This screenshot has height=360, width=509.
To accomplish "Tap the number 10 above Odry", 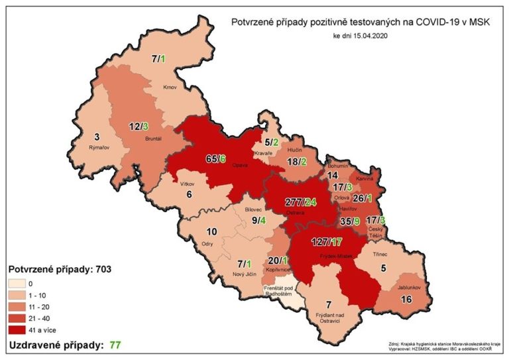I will click(x=211, y=231).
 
